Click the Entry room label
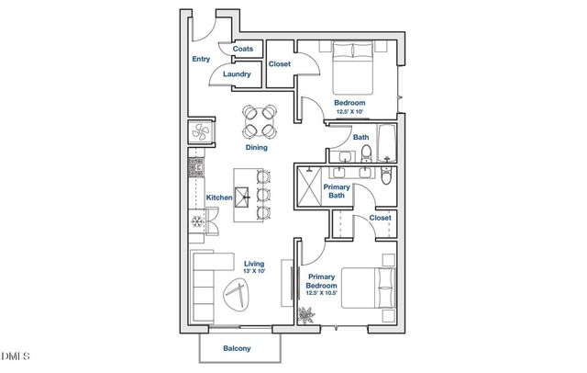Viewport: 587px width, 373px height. [201, 59]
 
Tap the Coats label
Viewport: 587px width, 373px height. [243, 49]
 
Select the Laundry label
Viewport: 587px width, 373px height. [238, 73]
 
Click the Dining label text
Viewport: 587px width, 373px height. [257, 147]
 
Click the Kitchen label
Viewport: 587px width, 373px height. [218, 198]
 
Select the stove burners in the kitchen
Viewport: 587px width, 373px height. [194, 168]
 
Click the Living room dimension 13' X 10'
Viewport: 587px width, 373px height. [254, 271]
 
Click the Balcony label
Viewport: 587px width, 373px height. [238, 348]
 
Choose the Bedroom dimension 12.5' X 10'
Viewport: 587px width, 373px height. [349, 111]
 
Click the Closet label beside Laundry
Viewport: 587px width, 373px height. [280, 64]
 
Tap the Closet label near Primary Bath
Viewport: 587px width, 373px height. [381, 218]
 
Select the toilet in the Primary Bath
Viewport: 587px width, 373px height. [386, 174]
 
